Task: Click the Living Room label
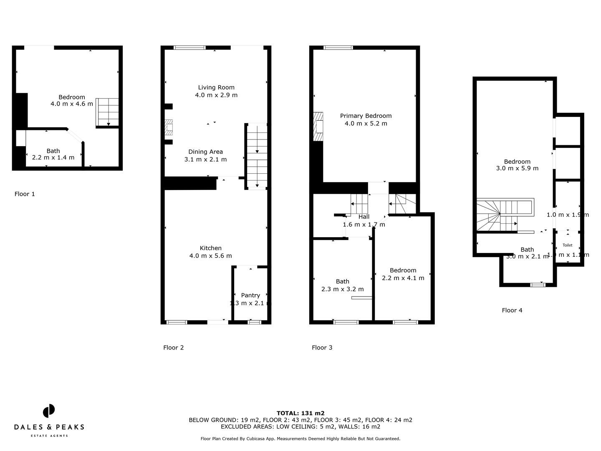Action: pyautogui.click(x=216, y=87)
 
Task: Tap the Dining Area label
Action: pyautogui.click(x=205, y=152)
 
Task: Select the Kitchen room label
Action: pyautogui.click(x=210, y=248)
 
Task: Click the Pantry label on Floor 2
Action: pyautogui.click(x=250, y=295)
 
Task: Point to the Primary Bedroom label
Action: pyautogui.click(x=366, y=116)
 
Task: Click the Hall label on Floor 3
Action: pyautogui.click(x=364, y=217)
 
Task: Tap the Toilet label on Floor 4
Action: pyautogui.click(x=567, y=245)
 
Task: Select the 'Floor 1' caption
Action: pyautogui.click(x=25, y=194)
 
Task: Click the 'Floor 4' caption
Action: pyautogui.click(x=512, y=310)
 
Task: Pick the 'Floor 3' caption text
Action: pyautogui.click(x=322, y=347)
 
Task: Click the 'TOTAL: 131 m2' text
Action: pyautogui.click(x=300, y=413)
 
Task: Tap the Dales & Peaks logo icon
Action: pyautogui.click(x=49, y=410)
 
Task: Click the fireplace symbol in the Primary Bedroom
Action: pyautogui.click(x=318, y=127)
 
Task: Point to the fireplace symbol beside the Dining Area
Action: pyautogui.click(x=169, y=128)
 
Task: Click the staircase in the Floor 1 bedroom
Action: pyautogui.click(x=108, y=112)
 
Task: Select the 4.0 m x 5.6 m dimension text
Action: pyautogui.click(x=210, y=256)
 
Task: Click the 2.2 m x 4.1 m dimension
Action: pyautogui.click(x=403, y=278)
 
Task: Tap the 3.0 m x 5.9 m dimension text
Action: pyautogui.click(x=517, y=168)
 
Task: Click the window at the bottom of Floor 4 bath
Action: pyautogui.click(x=538, y=285)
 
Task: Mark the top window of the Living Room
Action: pyautogui.click(x=189, y=48)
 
